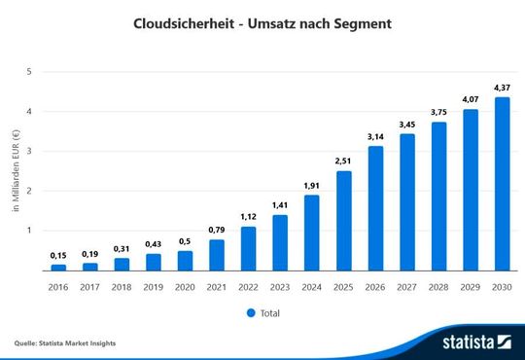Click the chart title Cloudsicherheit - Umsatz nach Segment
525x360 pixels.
[262, 22]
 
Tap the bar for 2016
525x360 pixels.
[58, 267]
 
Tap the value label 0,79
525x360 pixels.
[217, 230]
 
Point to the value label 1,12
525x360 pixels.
[248, 216]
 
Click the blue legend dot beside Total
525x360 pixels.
[250, 312]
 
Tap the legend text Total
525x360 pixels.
[271, 312]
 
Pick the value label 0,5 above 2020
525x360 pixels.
[185, 241]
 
